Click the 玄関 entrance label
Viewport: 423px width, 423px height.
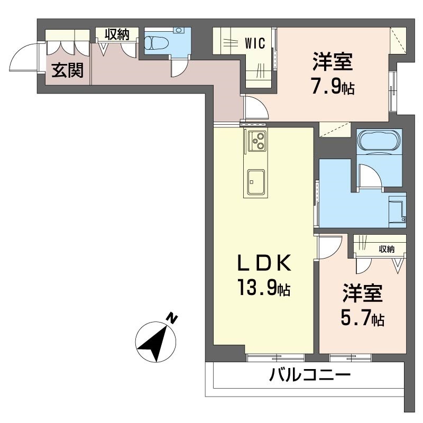click(x=67, y=70)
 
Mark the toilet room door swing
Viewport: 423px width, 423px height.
click(x=179, y=68)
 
